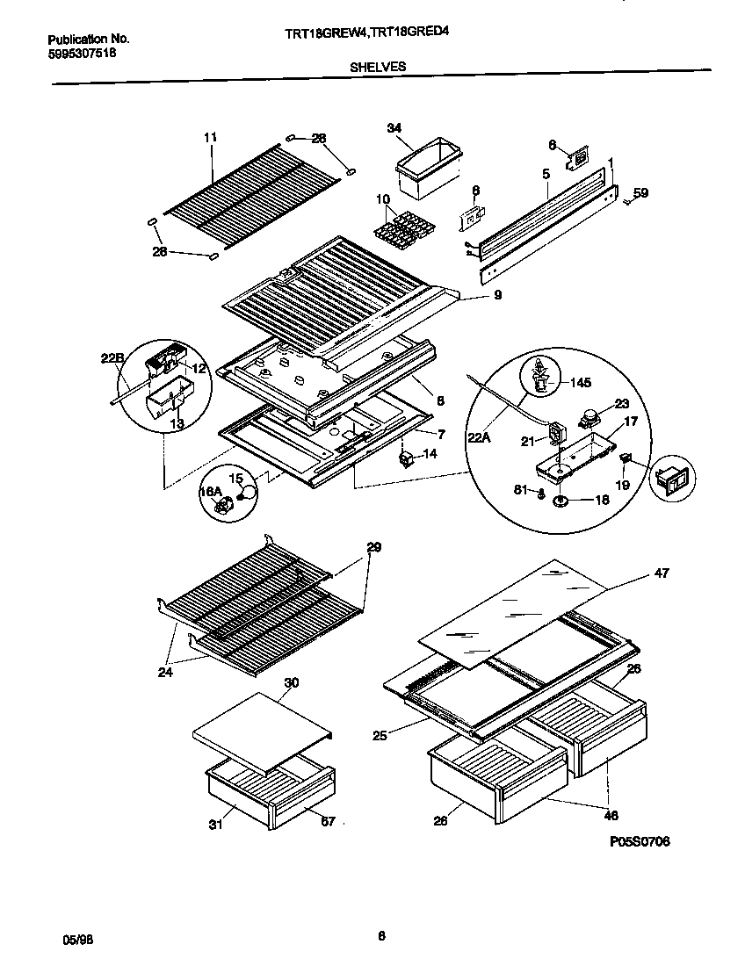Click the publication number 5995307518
tap(81, 53)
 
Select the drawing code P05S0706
tap(640, 841)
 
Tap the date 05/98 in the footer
tap(78, 939)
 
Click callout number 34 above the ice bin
tap(394, 128)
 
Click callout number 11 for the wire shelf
tap(210, 137)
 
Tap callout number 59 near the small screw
tap(640, 192)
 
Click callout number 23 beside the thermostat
tap(621, 405)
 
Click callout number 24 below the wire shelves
tap(167, 673)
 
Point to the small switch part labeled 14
tap(407, 458)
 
